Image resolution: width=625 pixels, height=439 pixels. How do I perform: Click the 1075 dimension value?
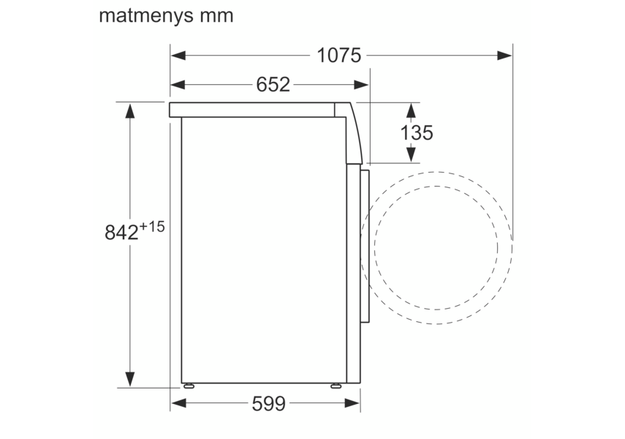click(x=338, y=55)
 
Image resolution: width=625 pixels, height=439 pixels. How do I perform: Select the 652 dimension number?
click(x=273, y=85)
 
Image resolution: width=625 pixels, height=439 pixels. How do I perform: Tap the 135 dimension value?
click(x=417, y=132)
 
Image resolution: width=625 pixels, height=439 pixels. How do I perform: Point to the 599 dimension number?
click(x=269, y=403)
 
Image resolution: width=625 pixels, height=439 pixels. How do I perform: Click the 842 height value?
click(x=121, y=232)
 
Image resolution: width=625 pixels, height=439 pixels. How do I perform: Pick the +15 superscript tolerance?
click(x=152, y=227)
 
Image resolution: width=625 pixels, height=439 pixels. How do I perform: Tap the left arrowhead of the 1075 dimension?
click(x=178, y=55)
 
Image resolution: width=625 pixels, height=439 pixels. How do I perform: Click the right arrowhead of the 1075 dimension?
click(x=504, y=55)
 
